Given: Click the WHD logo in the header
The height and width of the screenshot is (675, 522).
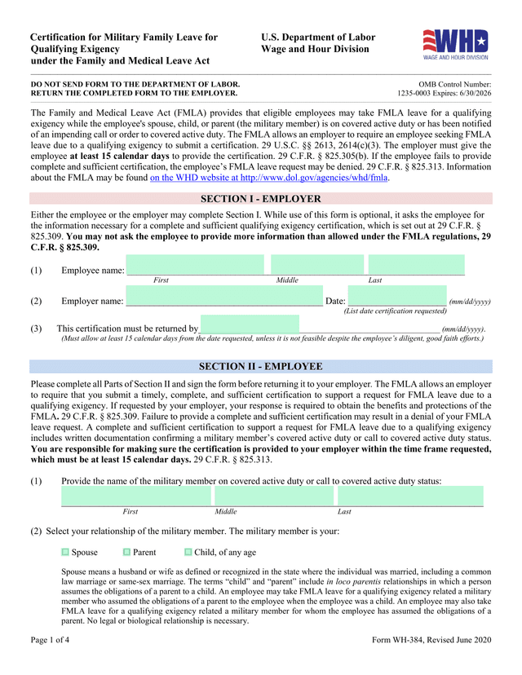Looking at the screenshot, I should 455,45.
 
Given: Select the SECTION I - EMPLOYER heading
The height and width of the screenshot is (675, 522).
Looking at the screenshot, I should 260,199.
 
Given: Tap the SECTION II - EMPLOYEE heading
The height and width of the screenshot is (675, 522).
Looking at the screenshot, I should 260,367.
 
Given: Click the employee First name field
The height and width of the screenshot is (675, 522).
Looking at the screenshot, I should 195,264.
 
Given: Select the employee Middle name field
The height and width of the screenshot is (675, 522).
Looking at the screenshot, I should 317,264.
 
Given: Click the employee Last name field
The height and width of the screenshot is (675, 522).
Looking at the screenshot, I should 416,264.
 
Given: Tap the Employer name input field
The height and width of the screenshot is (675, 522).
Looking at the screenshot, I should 223,296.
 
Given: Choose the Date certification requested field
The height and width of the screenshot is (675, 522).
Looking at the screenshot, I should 397,296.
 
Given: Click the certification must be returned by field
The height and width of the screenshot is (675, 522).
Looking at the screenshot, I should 250,324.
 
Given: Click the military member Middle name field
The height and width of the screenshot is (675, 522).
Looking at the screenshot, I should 274,496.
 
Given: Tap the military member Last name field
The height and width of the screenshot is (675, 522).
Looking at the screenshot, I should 410,496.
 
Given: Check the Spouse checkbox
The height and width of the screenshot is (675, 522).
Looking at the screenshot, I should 66,552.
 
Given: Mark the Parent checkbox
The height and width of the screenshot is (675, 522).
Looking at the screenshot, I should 126,552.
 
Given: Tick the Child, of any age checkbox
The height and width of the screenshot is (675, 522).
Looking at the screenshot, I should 188,552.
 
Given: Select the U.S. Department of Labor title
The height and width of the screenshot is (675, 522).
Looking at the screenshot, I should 318,37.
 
